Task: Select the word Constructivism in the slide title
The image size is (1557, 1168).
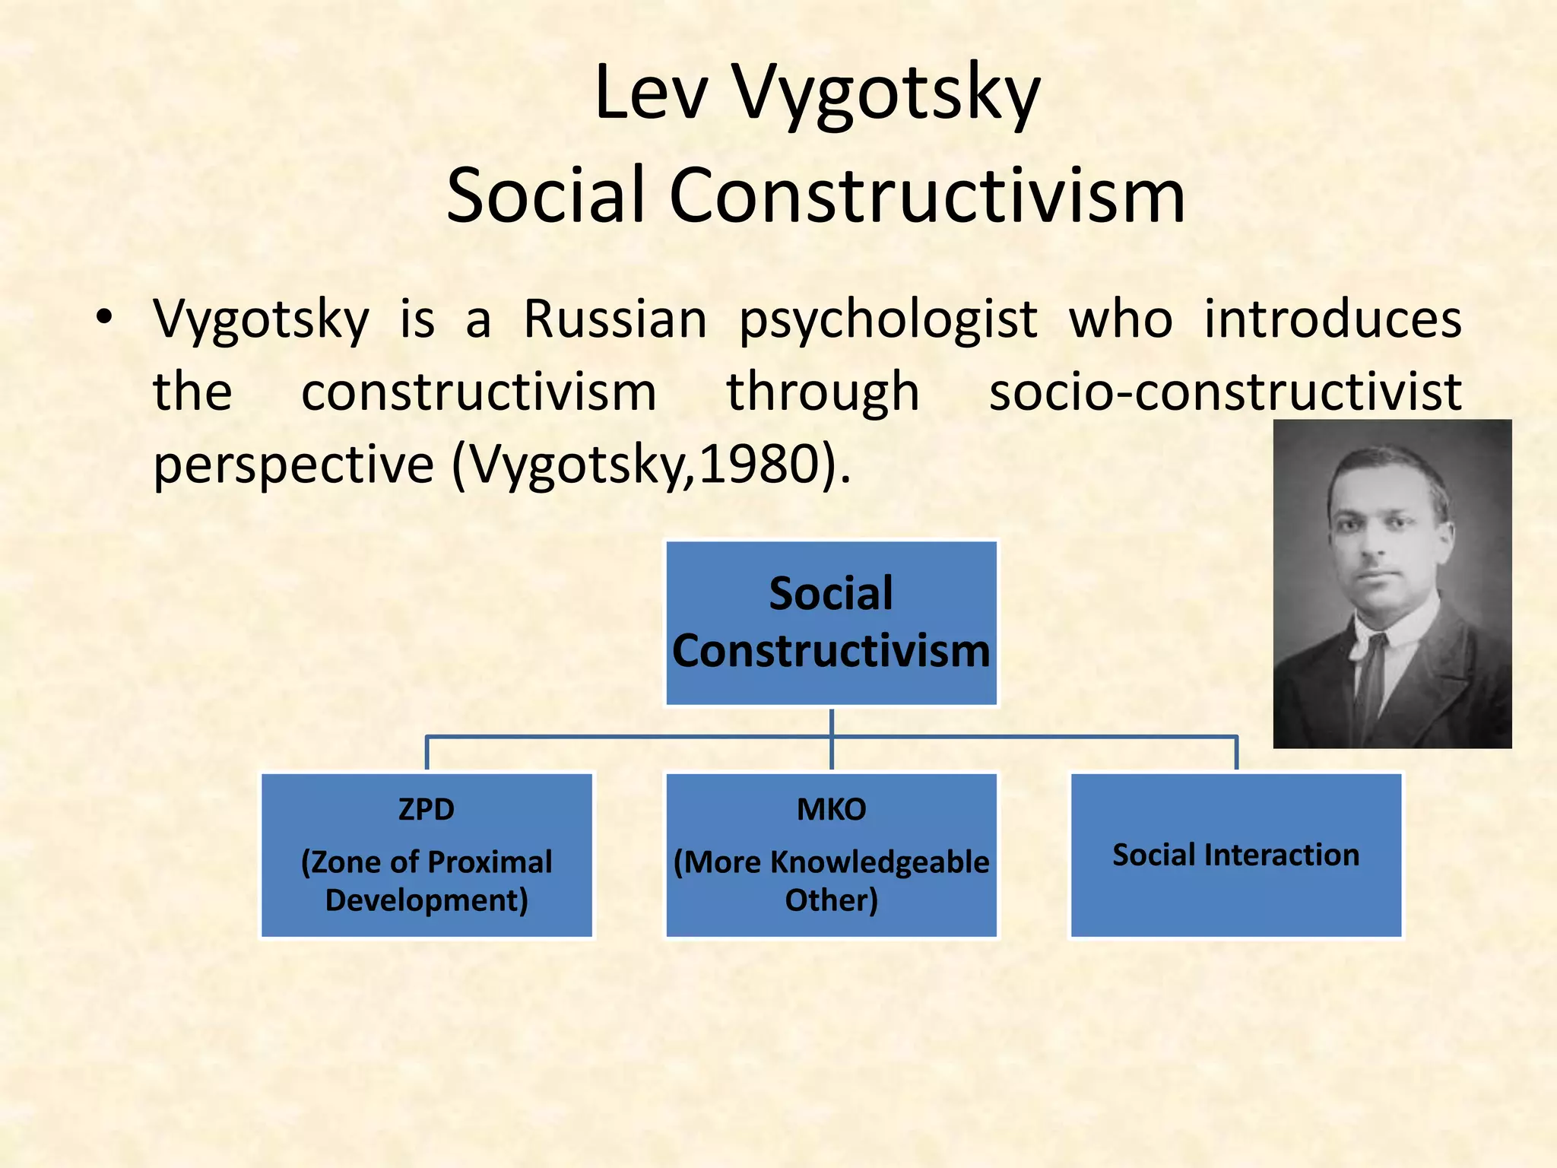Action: [927, 196]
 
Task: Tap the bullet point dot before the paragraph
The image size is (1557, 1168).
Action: [105, 318]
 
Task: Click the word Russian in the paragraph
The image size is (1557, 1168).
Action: [615, 319]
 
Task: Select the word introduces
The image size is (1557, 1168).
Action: [1332, 319]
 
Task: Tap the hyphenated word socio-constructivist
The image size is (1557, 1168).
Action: [1225, 392]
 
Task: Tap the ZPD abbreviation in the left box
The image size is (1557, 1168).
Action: [427, 810]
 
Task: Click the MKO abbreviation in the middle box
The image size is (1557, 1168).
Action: [831, 810]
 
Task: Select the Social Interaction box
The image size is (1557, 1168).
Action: [1235, 855]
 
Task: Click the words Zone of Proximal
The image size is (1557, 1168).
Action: [427, 862]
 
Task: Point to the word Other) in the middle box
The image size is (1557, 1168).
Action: [831, 900]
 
